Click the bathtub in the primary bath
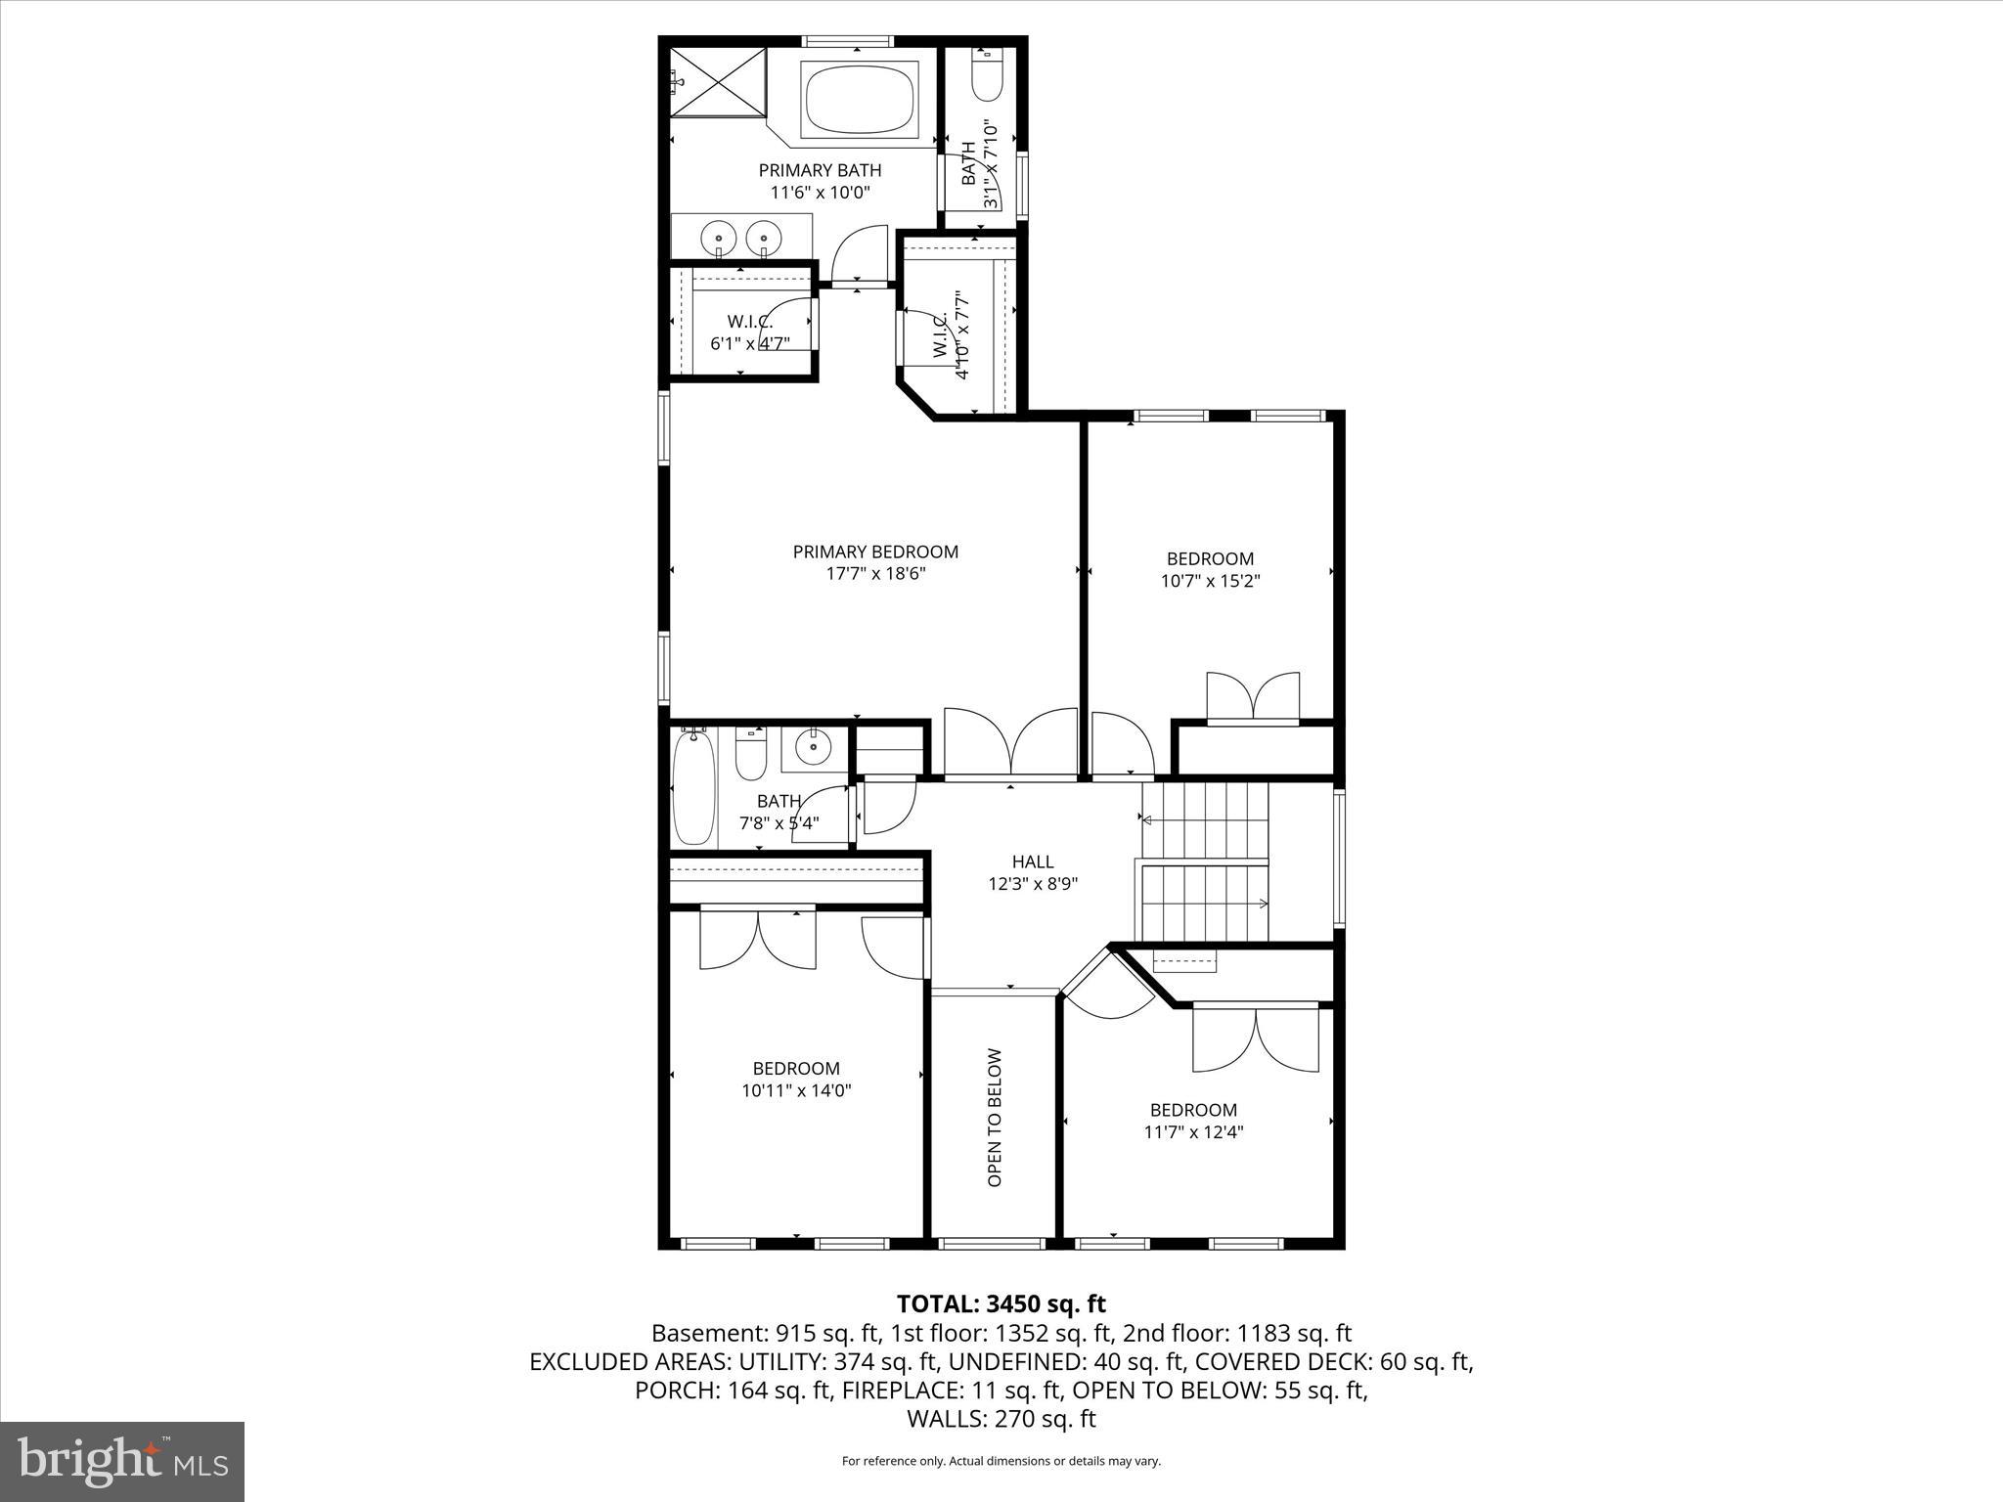click(860, 99)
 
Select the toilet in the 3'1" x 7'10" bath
click(988, 76)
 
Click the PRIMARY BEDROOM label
click(875, 552)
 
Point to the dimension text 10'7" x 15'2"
click(1210, 581)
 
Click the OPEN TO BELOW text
click(995, 1118)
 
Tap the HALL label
click(1033, 861)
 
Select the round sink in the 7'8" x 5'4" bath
click(813, 748)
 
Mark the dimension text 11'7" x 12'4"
click(1193, 1132)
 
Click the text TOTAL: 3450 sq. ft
click(1001, 1303)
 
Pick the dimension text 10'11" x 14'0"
click(796, 1090)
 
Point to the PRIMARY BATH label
click(820, 170)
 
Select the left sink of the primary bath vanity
click(719, 238)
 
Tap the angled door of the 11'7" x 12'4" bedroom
click(1111, 986)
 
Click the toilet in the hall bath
click(751, 756)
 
